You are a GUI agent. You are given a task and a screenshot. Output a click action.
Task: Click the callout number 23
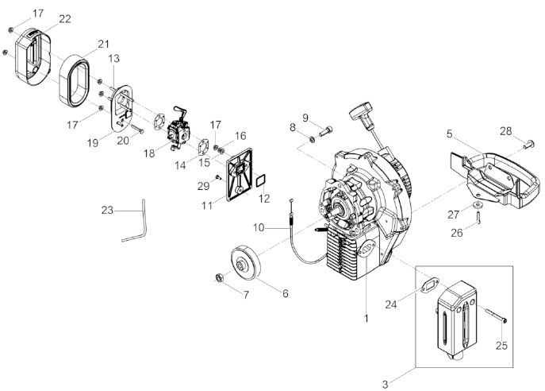point(109,211)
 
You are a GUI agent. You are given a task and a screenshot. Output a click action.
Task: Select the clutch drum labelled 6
point(247,263)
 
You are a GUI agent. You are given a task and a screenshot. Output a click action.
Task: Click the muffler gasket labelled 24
point(434,283)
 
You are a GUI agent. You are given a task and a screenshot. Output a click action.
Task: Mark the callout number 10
point(258,228)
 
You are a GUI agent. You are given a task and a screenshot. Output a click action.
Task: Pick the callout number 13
point(114,59)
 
